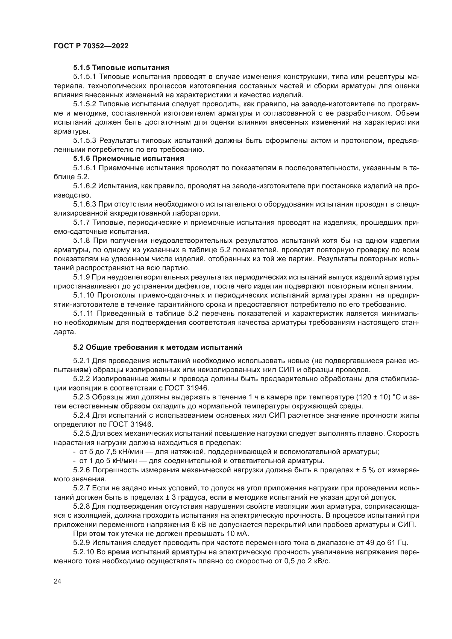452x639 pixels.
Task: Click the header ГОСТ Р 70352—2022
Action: tap(91, 46)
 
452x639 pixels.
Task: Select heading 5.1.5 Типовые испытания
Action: tap(121, 68)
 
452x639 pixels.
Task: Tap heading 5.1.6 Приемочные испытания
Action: tap(129, 159)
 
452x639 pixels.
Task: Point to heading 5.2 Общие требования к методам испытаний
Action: tap(157, 347)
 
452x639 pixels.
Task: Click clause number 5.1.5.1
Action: tap(85, 77)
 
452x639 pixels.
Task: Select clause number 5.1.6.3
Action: tap(85, 204)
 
